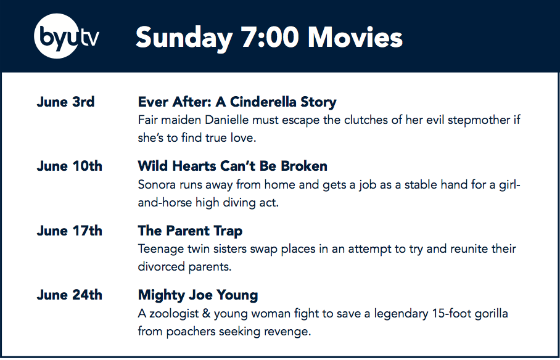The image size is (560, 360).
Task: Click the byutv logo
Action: pos(67,36)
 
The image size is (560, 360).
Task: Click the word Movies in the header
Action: pos(355,37)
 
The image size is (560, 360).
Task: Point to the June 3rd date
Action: pos(66,102)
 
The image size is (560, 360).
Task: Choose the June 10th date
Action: pos(70,166)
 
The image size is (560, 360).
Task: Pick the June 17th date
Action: pos(70,231)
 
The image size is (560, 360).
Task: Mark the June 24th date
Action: pos(70,295)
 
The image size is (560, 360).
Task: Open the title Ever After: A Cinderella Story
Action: pos(237,102)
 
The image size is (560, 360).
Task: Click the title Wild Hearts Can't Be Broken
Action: pos(233,166)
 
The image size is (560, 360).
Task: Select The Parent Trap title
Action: pos(190,231)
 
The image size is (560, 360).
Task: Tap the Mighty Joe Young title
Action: pos(198,296)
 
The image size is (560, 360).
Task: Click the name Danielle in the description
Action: pos(226,120)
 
